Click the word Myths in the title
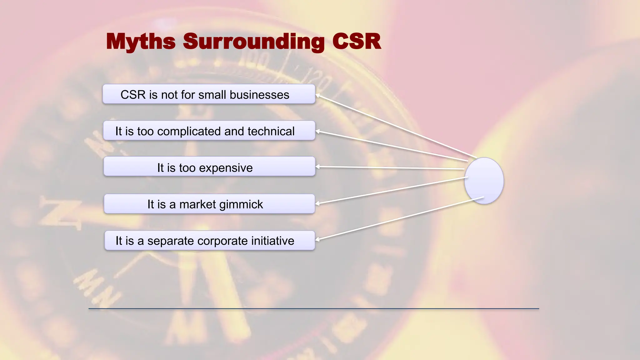(141, 42)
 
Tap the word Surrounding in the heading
(254, 42)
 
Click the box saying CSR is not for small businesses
(209, 94)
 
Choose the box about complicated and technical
(209, 131)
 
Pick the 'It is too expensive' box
(209, 167)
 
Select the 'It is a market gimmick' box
(209, 204)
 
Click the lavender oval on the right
(484, 181)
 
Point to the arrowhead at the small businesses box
(318, 95)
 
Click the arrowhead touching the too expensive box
(318, 167)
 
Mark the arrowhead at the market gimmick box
(318, 203)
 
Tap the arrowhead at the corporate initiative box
(318, 240)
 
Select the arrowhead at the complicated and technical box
(318, 132)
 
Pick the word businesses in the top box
(259, 95)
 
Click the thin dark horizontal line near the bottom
(314, 309)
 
